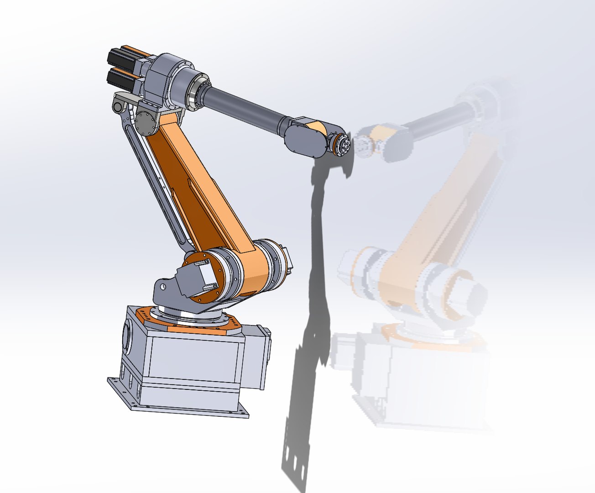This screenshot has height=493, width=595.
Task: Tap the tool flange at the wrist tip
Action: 343,144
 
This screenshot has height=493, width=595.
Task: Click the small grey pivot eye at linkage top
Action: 118,107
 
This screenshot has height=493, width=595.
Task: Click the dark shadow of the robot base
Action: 301,411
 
